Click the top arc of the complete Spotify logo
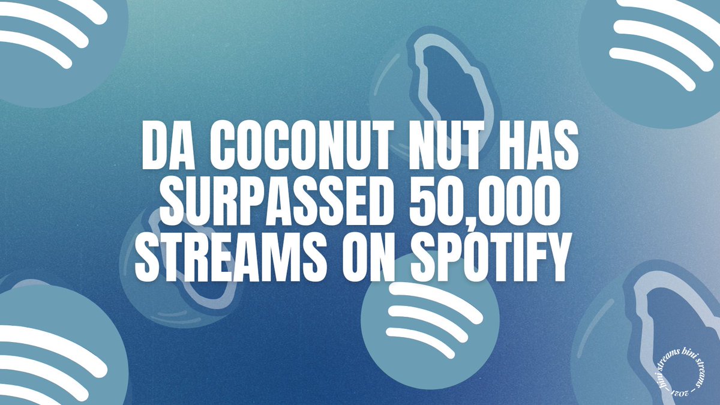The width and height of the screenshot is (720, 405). (435, 300)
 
